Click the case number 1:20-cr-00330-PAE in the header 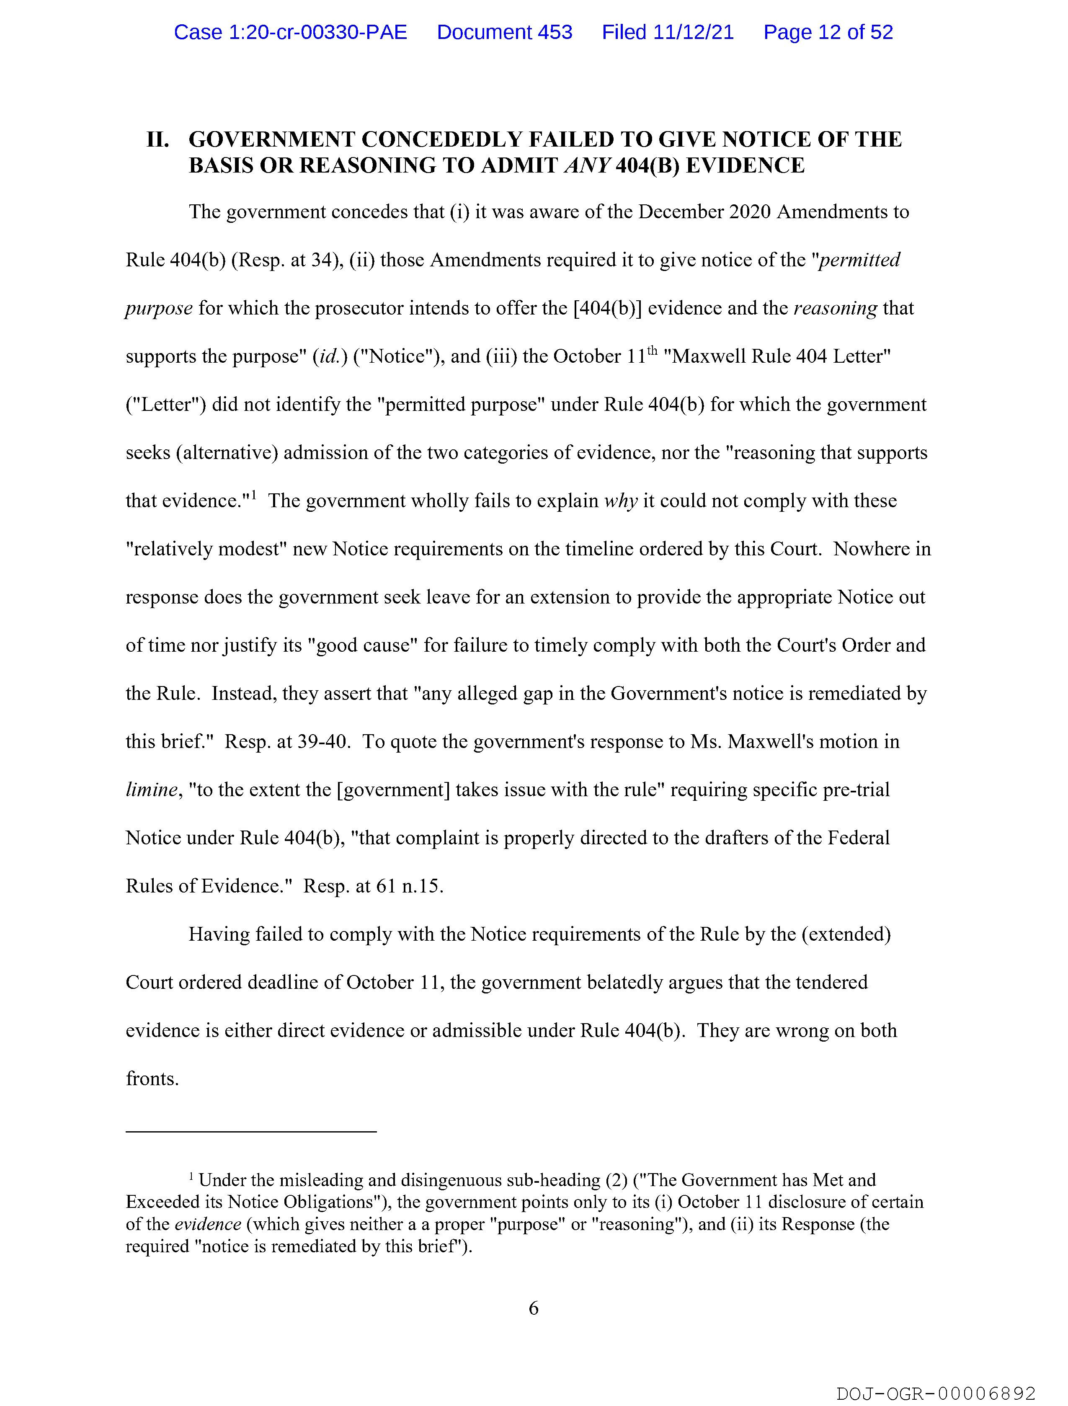[291, 32]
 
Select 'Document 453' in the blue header [504, 32]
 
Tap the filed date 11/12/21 [668, 32]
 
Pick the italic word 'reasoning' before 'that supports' [835, 309]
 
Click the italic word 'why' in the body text [620, 501]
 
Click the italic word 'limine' [151, 790]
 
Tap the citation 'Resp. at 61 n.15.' [373, 886]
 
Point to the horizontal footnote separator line [251, 1131]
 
